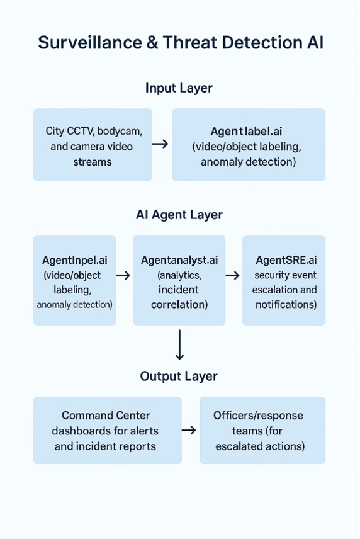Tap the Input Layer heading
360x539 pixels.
pyautogui.click(x=179, y=88)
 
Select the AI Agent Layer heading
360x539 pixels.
pyautogui.click(x=179, y=215)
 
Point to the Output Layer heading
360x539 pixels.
pyautogui.click(x=179, y=377)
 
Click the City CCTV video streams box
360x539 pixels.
pyautogui.click(x=93, y=145)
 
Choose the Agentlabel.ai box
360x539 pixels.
pyautogui.click(x=248, y=145)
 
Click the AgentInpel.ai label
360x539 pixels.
pyautogui.click(x=74, y=260)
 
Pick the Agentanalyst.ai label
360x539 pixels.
pyautogui.click(x=179, y=260)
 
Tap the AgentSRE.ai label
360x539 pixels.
pyautogui.click(x=286, y=260)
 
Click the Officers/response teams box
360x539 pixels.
pyautogui.click(x=262, y=431)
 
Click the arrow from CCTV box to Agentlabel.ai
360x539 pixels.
pyautogui.click(x=160, y=144)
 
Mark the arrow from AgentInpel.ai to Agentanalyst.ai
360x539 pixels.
pyautogui.click(x=124, y=275)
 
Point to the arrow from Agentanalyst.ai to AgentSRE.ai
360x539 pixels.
pyautogui.click(x=233, y=275)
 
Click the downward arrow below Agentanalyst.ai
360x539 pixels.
pyautogui.click(x=179, y=345)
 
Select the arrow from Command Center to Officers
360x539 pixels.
pyautogui.click(x=189, y=430)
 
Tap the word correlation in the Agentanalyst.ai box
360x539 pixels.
pyautogui.click(x=179, y=305)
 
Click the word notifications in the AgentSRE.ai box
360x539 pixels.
pyautogui.click(x=286, y=305)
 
